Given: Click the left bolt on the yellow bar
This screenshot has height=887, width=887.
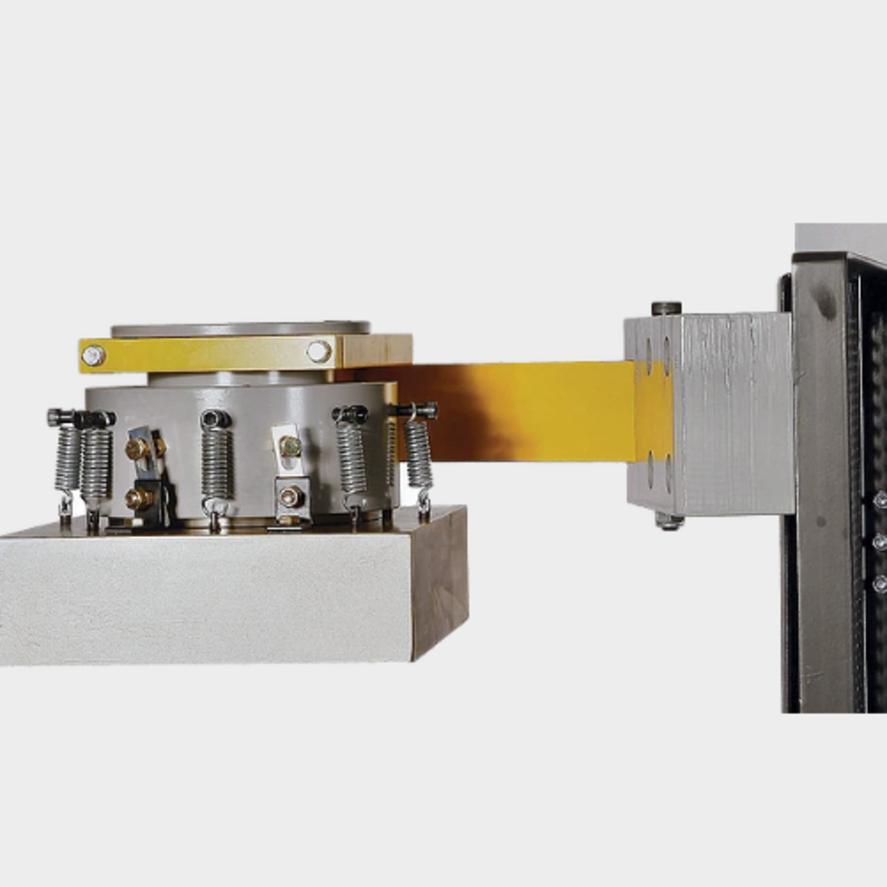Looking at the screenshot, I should (93, 355).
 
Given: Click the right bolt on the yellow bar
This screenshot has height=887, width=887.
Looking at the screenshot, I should (318, 352).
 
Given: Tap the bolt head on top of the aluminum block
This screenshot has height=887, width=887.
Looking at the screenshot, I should (666, 309).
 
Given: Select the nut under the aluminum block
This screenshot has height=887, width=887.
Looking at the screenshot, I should (669, 520).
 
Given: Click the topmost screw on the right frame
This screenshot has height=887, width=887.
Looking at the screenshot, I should (880, 500).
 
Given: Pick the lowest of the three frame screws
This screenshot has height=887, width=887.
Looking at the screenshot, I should (880, 583).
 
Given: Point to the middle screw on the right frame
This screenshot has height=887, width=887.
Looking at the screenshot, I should (880, 542).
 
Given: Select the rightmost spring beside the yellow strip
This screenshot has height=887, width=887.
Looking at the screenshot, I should (417, 454).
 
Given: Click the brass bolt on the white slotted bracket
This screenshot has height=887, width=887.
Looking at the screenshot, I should (290, 446).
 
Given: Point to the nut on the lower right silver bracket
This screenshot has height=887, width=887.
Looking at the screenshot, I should (290, 497).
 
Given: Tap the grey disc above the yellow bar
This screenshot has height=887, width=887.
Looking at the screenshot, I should (241, 329).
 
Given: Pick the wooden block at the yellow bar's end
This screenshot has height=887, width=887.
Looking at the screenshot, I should (375, 350).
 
